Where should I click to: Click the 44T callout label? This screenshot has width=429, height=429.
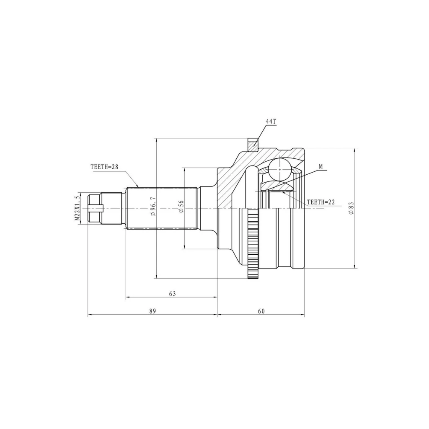[271, 122]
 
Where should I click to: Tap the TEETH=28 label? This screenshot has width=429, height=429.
[104, 167]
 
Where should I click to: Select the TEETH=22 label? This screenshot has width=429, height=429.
[320, 202]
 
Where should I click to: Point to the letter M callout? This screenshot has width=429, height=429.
[321, 166]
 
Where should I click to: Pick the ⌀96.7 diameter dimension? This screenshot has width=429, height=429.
[152, 207]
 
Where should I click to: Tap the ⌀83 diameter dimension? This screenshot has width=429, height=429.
[351, 208]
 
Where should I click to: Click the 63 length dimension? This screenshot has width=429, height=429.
[172, 294]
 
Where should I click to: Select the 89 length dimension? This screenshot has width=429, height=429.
[152, 311]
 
